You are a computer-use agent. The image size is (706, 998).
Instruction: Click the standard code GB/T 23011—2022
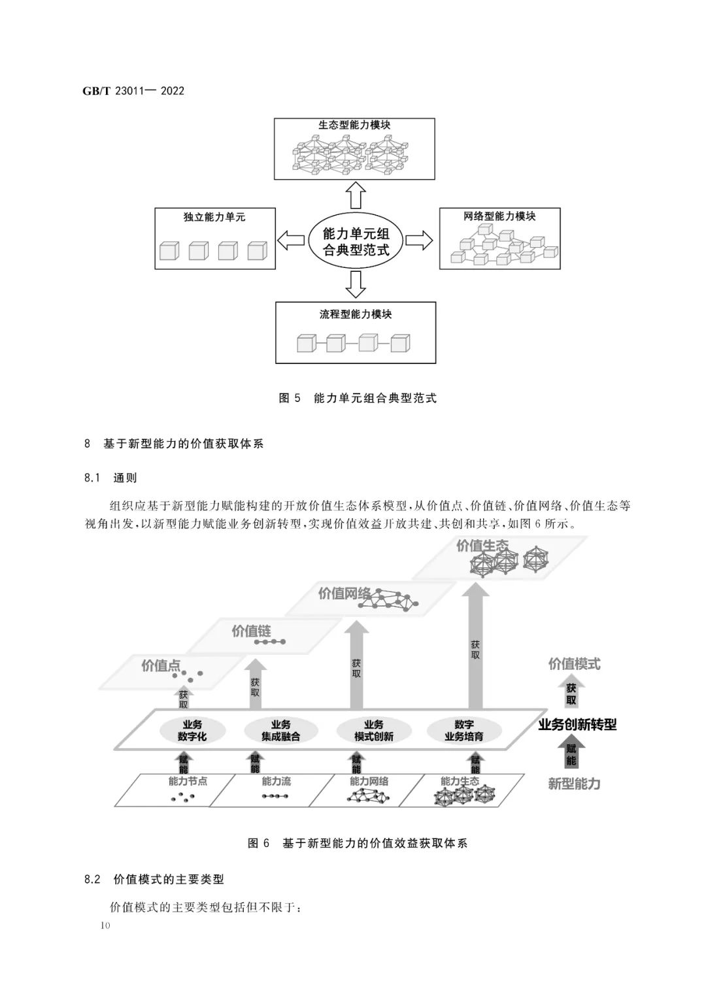coord(133,91)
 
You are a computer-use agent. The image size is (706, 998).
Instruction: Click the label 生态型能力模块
coord(354,125)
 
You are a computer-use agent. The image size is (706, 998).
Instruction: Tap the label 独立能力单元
coord(214,217)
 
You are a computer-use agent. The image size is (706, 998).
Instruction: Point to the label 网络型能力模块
coord(499,216)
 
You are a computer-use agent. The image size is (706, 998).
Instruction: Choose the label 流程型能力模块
coord(355,314)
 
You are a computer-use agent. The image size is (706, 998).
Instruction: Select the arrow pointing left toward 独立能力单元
coord(290,240)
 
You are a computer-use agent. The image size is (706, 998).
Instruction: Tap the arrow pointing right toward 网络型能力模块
coord(419,240)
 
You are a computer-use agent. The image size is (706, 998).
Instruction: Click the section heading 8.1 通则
coord(110,478)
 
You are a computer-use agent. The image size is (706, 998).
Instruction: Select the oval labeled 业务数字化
coord(192,730)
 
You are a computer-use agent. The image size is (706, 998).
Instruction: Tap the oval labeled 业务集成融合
coord(280,730)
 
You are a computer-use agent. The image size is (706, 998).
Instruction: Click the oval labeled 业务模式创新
coord(373,730)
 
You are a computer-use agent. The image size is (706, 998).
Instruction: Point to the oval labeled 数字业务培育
coord(463,730)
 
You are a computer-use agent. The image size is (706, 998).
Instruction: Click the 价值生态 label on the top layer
coord(482,546)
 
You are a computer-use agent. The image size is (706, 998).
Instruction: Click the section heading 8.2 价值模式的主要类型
coord(154,879)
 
